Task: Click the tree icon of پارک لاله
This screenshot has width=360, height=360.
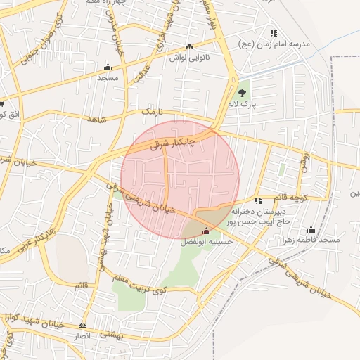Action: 243,92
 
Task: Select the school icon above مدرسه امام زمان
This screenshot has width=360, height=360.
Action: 274,32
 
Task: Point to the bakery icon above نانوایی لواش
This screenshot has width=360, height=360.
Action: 189,47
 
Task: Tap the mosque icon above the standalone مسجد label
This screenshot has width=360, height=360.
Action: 108,67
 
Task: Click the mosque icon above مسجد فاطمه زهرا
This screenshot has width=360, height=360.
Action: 311,229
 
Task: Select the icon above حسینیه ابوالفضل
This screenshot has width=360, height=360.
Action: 206,231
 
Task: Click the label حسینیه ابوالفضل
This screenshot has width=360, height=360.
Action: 205,242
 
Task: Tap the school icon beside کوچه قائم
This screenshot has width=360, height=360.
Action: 258,200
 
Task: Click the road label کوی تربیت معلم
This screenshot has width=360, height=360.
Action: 140,285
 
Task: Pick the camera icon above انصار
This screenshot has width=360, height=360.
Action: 82,325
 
